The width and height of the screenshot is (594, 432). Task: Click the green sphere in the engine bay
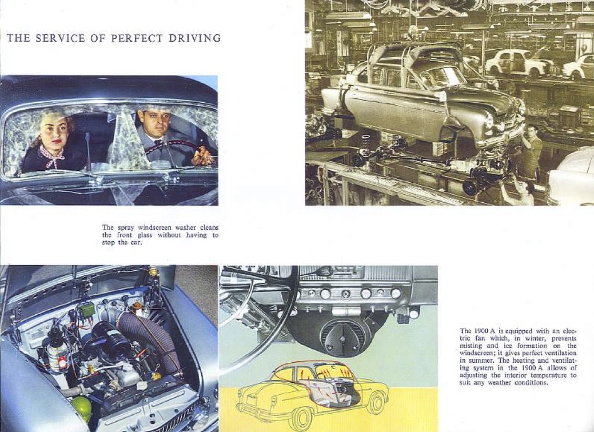(x=82, y=408)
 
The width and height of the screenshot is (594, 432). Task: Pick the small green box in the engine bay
(x=87, y=309)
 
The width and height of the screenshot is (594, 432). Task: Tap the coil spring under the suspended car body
(x=366, y=145)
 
